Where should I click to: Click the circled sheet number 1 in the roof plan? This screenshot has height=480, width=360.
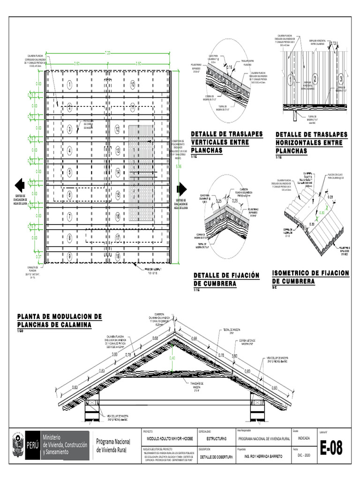[69, 85]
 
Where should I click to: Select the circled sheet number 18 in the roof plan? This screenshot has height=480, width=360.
[118, 256]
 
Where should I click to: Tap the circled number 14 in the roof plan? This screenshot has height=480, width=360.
[118, 172]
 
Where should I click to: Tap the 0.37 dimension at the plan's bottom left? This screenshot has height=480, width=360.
[39, 256]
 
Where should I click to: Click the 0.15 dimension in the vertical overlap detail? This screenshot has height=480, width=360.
[230, 67]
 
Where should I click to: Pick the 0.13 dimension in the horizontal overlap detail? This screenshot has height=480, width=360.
[334, 43]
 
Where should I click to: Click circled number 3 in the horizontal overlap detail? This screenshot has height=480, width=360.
[341, 78]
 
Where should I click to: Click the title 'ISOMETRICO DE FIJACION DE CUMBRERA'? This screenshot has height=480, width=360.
[310, 277]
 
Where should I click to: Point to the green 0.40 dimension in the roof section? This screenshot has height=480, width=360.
[172, 358]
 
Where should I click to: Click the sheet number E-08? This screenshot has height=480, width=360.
[331, 449]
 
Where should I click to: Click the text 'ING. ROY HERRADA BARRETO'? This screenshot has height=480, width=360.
[260, 456]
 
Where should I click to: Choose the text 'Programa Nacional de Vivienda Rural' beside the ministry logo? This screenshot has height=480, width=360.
[115, 445]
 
